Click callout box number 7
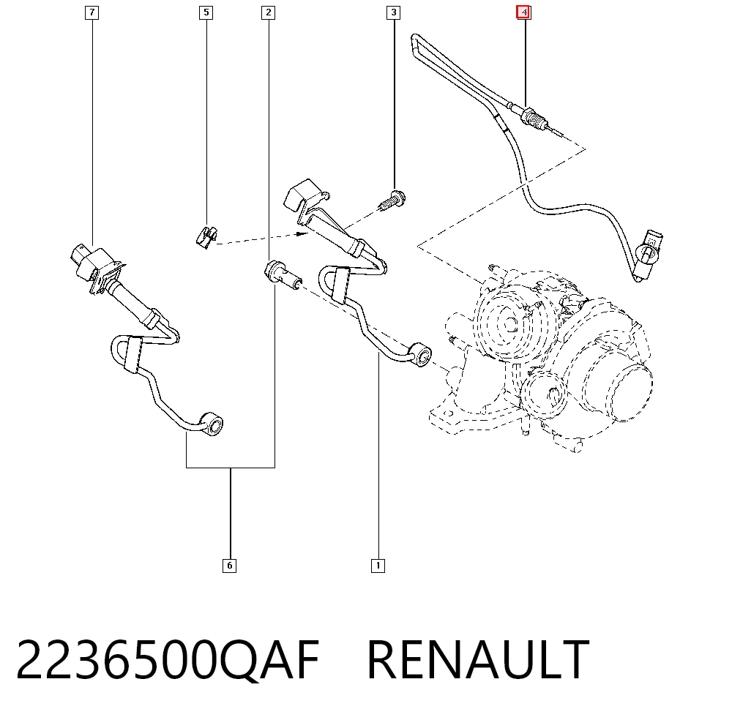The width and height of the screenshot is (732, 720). (92, 12)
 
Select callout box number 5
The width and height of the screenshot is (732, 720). (206, 12)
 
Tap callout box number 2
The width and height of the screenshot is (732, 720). (268, 12)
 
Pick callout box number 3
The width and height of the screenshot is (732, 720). (394, 12)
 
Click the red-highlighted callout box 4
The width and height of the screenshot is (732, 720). (523, 12)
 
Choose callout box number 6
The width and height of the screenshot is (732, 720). (229, 566)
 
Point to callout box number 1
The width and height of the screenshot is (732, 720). (378, 566)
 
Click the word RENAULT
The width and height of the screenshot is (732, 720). (478, 660)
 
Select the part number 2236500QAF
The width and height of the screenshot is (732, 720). (168, 660)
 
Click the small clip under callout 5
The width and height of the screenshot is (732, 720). (206, 237)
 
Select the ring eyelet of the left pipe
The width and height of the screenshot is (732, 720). (212, 424)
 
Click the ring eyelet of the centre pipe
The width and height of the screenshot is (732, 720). (421, 356)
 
